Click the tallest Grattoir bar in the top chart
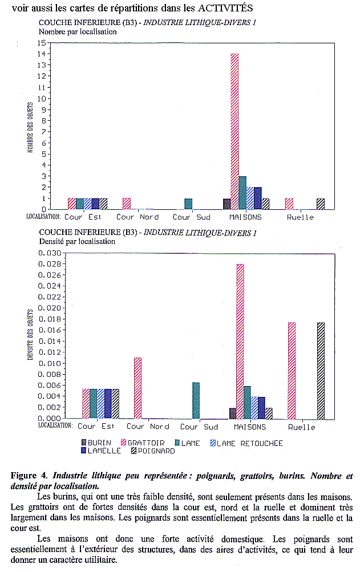point(234,131)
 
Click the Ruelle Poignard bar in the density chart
point(321,370)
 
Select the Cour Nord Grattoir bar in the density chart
point(137,388)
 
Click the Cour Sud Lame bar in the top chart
point(188,204)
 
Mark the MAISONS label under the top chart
point(245,217)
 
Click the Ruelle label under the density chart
point(302,427)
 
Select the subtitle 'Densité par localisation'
point(77,241)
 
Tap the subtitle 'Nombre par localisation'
point(78,32)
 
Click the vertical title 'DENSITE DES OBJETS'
point(29,334)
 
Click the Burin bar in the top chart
point(226,204)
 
